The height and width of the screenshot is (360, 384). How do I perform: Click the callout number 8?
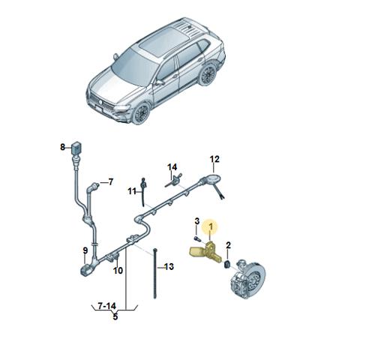pyautogui.click(x=62, y=147)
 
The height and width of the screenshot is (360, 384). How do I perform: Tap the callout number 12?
pyautogui.click(x=214, y=159)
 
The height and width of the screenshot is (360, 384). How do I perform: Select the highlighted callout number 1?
pyautogui.click(x=211, y=226)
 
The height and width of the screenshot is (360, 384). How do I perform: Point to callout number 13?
pyautogui.click(x=169, y=267)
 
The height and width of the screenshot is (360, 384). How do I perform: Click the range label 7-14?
pyautogui.click(x=107, y=306)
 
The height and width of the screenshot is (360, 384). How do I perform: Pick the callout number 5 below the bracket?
pyautogui.click(x=115, y=316)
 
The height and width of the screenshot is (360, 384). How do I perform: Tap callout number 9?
pyautogui.click(x=85, y=250)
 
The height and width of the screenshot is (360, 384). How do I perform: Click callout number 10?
pyautogui.click(x=118, y=270)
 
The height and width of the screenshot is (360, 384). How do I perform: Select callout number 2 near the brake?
pyautogui.click(x=228, y=245)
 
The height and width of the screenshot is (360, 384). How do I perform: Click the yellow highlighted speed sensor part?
pyautogui.click(x=205, y=253)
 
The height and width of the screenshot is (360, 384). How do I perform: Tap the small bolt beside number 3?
pyautogui.click(x=197, y=238)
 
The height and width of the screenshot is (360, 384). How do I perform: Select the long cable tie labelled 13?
pyautogui.click(x=155, y=274)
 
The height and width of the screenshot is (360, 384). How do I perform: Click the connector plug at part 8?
pyautogui.click(x=76, y=148)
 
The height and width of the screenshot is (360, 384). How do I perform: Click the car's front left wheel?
pyautogui.click(x=141, y=113)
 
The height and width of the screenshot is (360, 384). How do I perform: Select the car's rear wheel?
pyautogui.click(x=208, y=74)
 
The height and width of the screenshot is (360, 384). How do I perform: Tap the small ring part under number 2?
pyautogui.click(x=227, y=265)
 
